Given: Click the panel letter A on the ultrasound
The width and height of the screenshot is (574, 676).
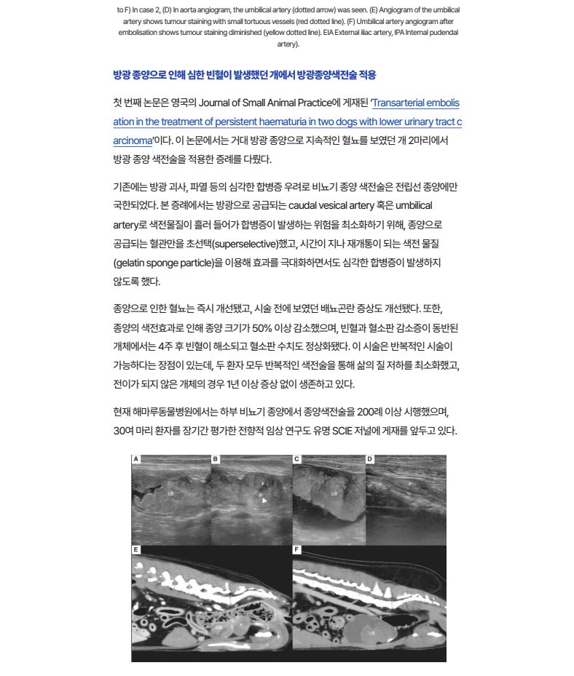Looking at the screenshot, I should (x=135, y=459).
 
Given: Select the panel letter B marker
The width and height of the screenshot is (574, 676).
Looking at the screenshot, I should (x=216, y=459).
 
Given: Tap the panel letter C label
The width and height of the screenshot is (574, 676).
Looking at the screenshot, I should (x=296, y=459).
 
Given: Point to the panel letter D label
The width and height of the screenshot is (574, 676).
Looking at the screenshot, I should (x=369, y=459).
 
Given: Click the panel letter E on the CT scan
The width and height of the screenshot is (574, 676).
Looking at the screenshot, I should (x=135, y=549).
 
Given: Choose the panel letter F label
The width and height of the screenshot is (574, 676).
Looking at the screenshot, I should (x=296, y=549).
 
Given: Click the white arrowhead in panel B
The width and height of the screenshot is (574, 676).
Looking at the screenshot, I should (x=265, y=501).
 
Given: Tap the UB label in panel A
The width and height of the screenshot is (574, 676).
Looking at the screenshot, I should (x=171, y=493).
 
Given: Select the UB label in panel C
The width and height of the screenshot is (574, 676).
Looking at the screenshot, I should (x=334, y=493).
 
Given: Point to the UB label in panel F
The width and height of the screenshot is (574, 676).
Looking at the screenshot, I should (x=371, y=633).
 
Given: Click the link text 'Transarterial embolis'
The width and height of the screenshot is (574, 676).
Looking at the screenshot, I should (x=416, y=103).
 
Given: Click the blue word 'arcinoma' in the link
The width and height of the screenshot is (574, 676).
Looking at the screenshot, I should (x=133, y=140).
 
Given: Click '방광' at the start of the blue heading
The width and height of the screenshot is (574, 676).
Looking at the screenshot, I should (x=122, y=75).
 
